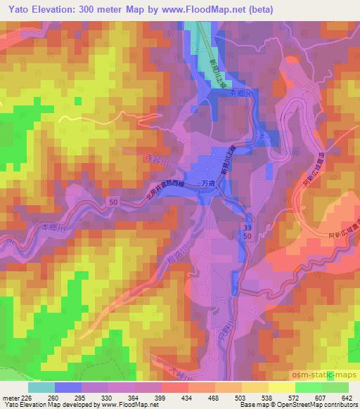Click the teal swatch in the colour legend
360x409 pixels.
point(43,387)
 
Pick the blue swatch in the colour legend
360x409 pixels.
point(67,387)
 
